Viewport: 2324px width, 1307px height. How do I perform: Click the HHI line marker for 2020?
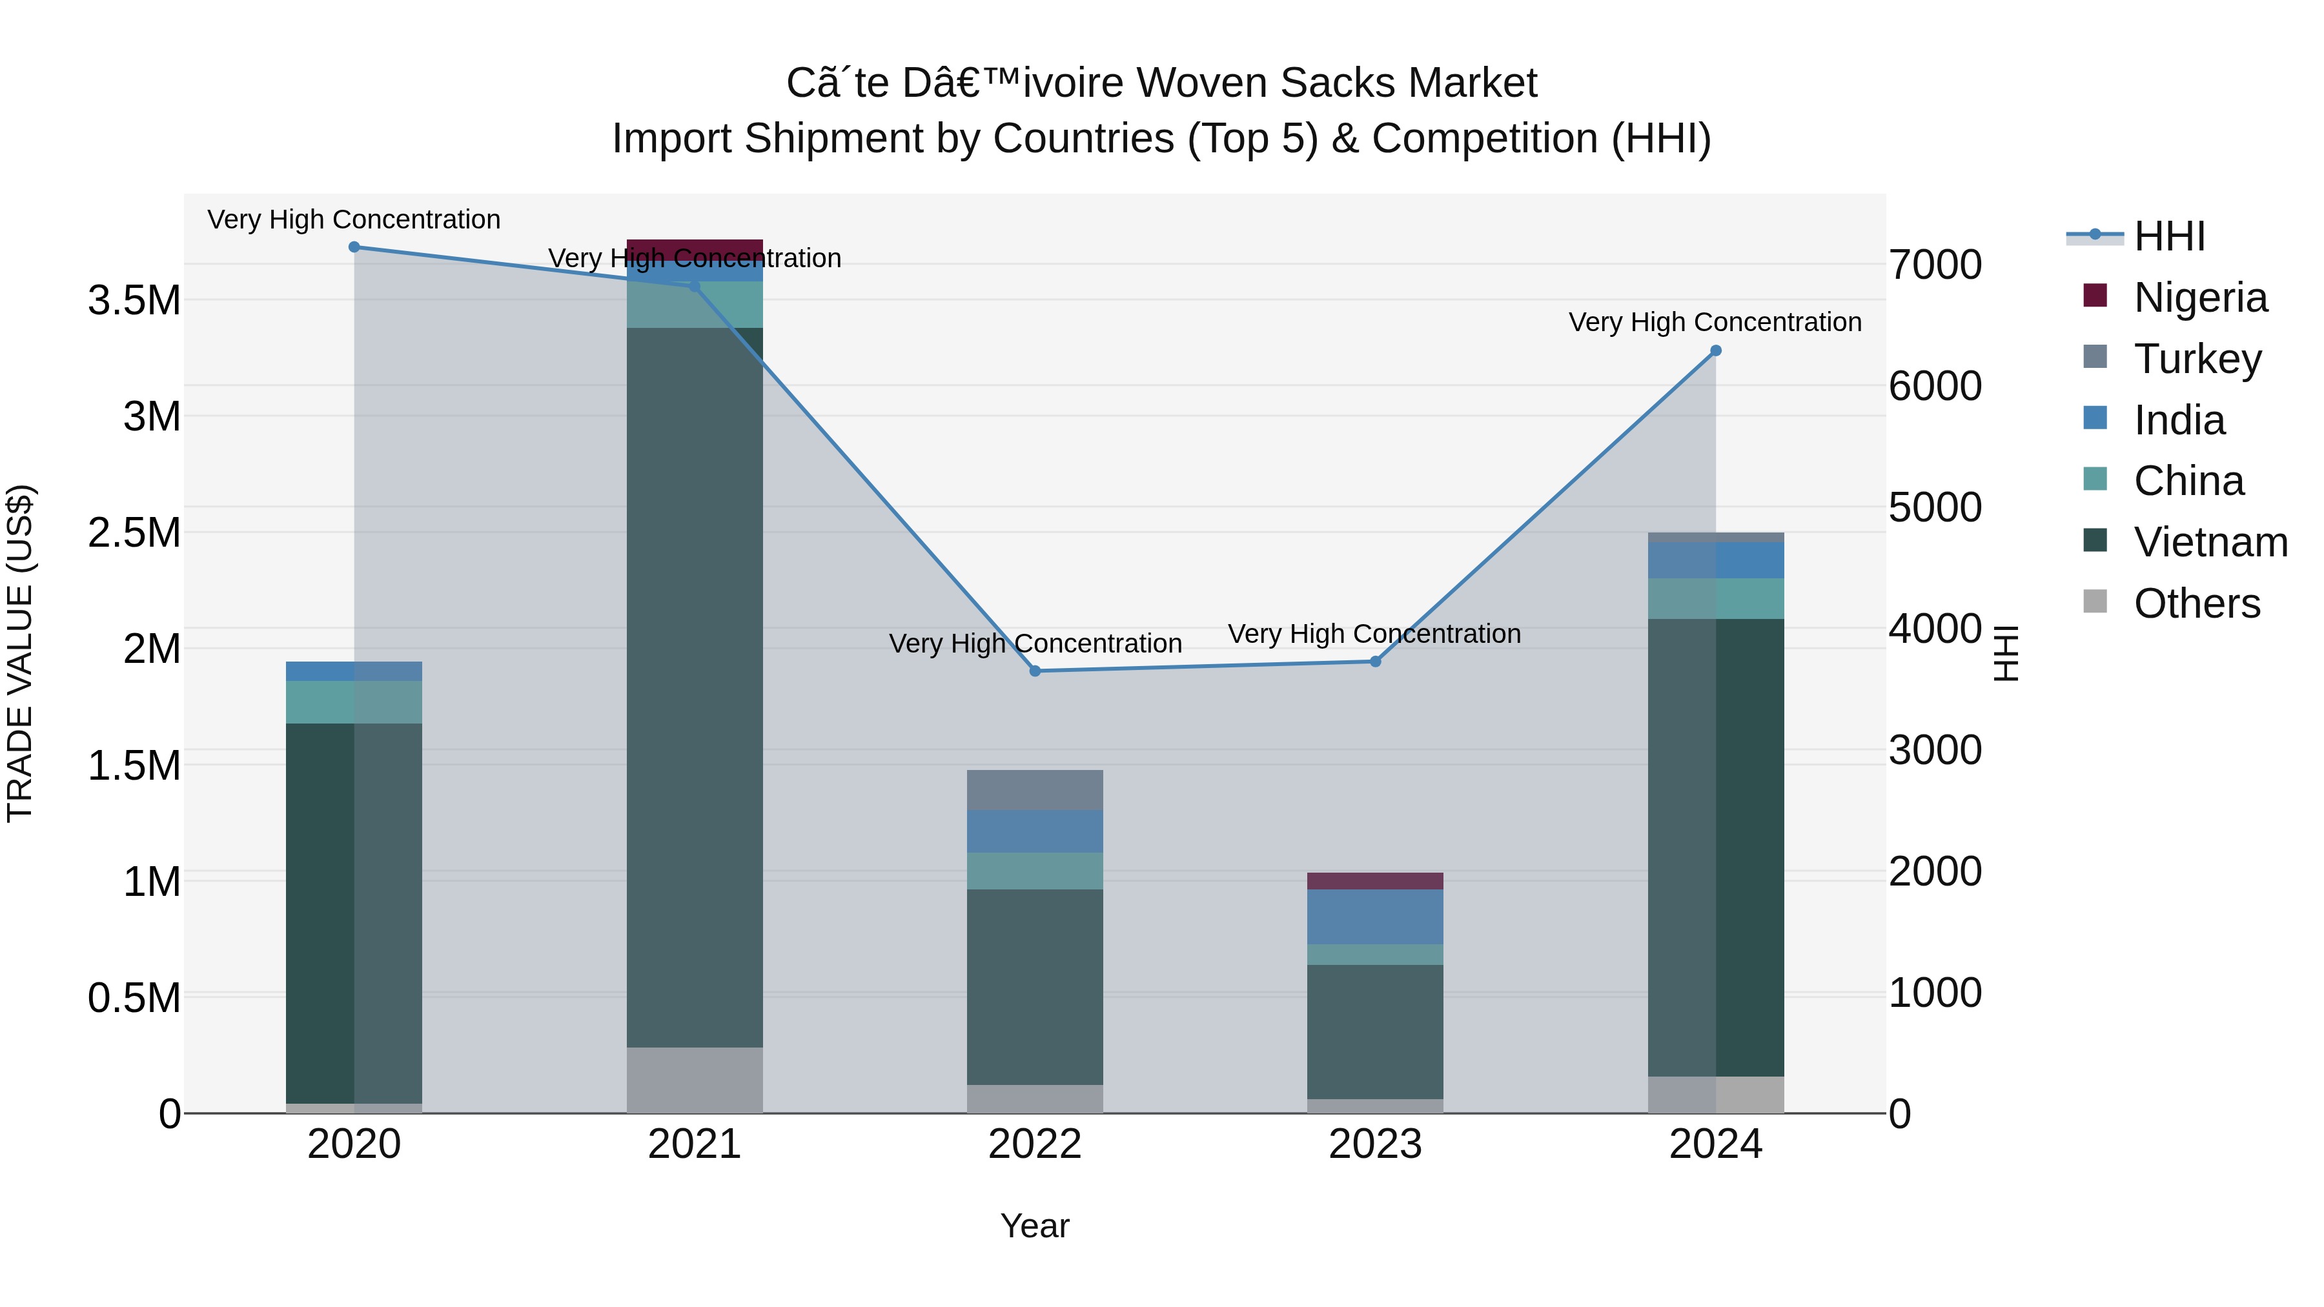click(x=354, y=247)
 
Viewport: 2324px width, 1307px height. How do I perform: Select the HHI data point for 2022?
click(x=1035, y=671)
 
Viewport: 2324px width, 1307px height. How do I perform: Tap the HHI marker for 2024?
click(x=1716, y=351)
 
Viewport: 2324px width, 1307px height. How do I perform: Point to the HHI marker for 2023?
click(x=1376, y=662)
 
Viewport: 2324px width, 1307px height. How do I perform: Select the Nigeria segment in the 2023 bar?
click(x=1376, y=881)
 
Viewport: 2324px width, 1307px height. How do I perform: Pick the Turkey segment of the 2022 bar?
click(x=1035, y=790)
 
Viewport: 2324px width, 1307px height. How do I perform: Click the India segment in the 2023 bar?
click(x=1376, y=917)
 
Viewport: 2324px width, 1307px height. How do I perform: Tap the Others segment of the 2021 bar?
click(x=695, y=1080)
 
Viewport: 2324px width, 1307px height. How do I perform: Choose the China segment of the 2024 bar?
click(x=1716, y=599)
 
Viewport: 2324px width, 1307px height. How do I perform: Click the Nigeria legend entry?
click(x=2199, y=298)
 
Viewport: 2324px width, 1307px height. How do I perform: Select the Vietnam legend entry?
click(x=2210, y=542)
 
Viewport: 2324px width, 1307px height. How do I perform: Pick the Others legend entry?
click(x=2197, y=603)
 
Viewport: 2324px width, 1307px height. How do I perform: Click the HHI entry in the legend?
click(x=2169, y=236)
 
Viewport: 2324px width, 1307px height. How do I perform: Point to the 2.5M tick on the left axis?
click(x=134, y=533)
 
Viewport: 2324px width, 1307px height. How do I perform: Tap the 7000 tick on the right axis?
click(x=1936, y=265)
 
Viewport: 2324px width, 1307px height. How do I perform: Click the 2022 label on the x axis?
click(x=1035, y=1144)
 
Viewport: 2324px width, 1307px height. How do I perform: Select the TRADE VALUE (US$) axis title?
click(x=21, y=653)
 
